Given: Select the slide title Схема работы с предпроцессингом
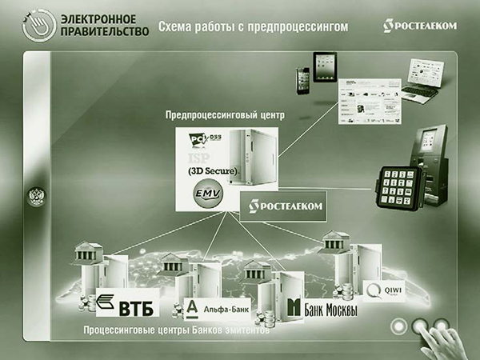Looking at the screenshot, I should pos(253,27).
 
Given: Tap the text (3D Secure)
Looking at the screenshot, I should pos(214,171).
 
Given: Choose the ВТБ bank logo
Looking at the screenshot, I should pos(127,304).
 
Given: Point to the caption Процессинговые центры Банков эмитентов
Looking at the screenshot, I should pos(176,328).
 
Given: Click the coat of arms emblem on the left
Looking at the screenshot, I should pos(36,198).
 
